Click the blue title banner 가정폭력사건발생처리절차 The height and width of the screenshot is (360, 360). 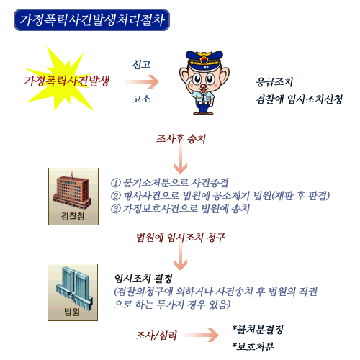(x=91, y=19)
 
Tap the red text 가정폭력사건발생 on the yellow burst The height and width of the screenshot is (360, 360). (x=67, y=81)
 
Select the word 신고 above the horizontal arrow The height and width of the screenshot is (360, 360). (x=141, y=64)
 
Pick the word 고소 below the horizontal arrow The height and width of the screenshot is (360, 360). (x=141, y=99)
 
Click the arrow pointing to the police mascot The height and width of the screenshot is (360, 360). (x=141, y=81)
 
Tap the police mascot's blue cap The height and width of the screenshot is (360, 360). (x=204, y=59)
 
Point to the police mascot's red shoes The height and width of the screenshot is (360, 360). (x=203, y=112)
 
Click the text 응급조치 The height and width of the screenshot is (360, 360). (x=274, y=82)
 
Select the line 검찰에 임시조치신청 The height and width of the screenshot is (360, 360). (x=299, y=99)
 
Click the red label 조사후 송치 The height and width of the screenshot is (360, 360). (x=181, y=138)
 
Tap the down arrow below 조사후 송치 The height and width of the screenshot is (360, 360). (x=180, y=158)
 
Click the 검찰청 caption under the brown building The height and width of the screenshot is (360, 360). (x=73, y=216)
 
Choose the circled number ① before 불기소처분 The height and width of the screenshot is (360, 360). (x=116, y=183)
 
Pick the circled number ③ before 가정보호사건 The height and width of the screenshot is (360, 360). (x=116, y=208)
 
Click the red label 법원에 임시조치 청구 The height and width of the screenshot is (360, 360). (x=181, y=238)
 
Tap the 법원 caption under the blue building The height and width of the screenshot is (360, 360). (x=72, y=312)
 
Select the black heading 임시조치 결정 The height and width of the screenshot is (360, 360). (x=143, y=279)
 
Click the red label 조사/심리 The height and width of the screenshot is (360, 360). (x=156, y=336)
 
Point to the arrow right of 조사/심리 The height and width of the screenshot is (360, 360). (x=201, y=335)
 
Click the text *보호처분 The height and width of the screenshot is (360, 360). (x=253, y=346)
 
